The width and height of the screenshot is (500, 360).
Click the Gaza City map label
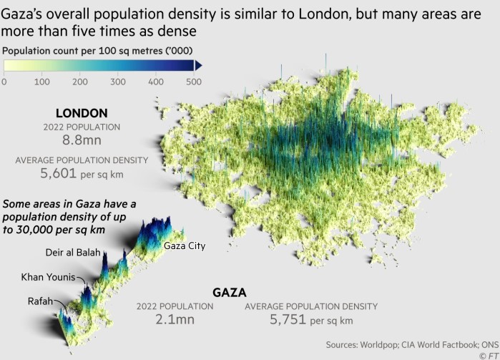click(x=185, y=246)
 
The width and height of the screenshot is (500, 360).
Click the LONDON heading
click(x=82, y=113)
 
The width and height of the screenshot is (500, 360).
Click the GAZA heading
click(x=230, y=293)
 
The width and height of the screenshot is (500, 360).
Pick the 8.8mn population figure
click(x=82, y=141)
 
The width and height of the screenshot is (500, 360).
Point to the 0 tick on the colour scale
click(x=4, y=82)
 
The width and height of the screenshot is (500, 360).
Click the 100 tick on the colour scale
click(x=41, y=82)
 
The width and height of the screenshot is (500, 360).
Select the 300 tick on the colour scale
click(x=117, y=82)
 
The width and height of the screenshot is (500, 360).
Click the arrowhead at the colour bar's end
click(x=200, y=66)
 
